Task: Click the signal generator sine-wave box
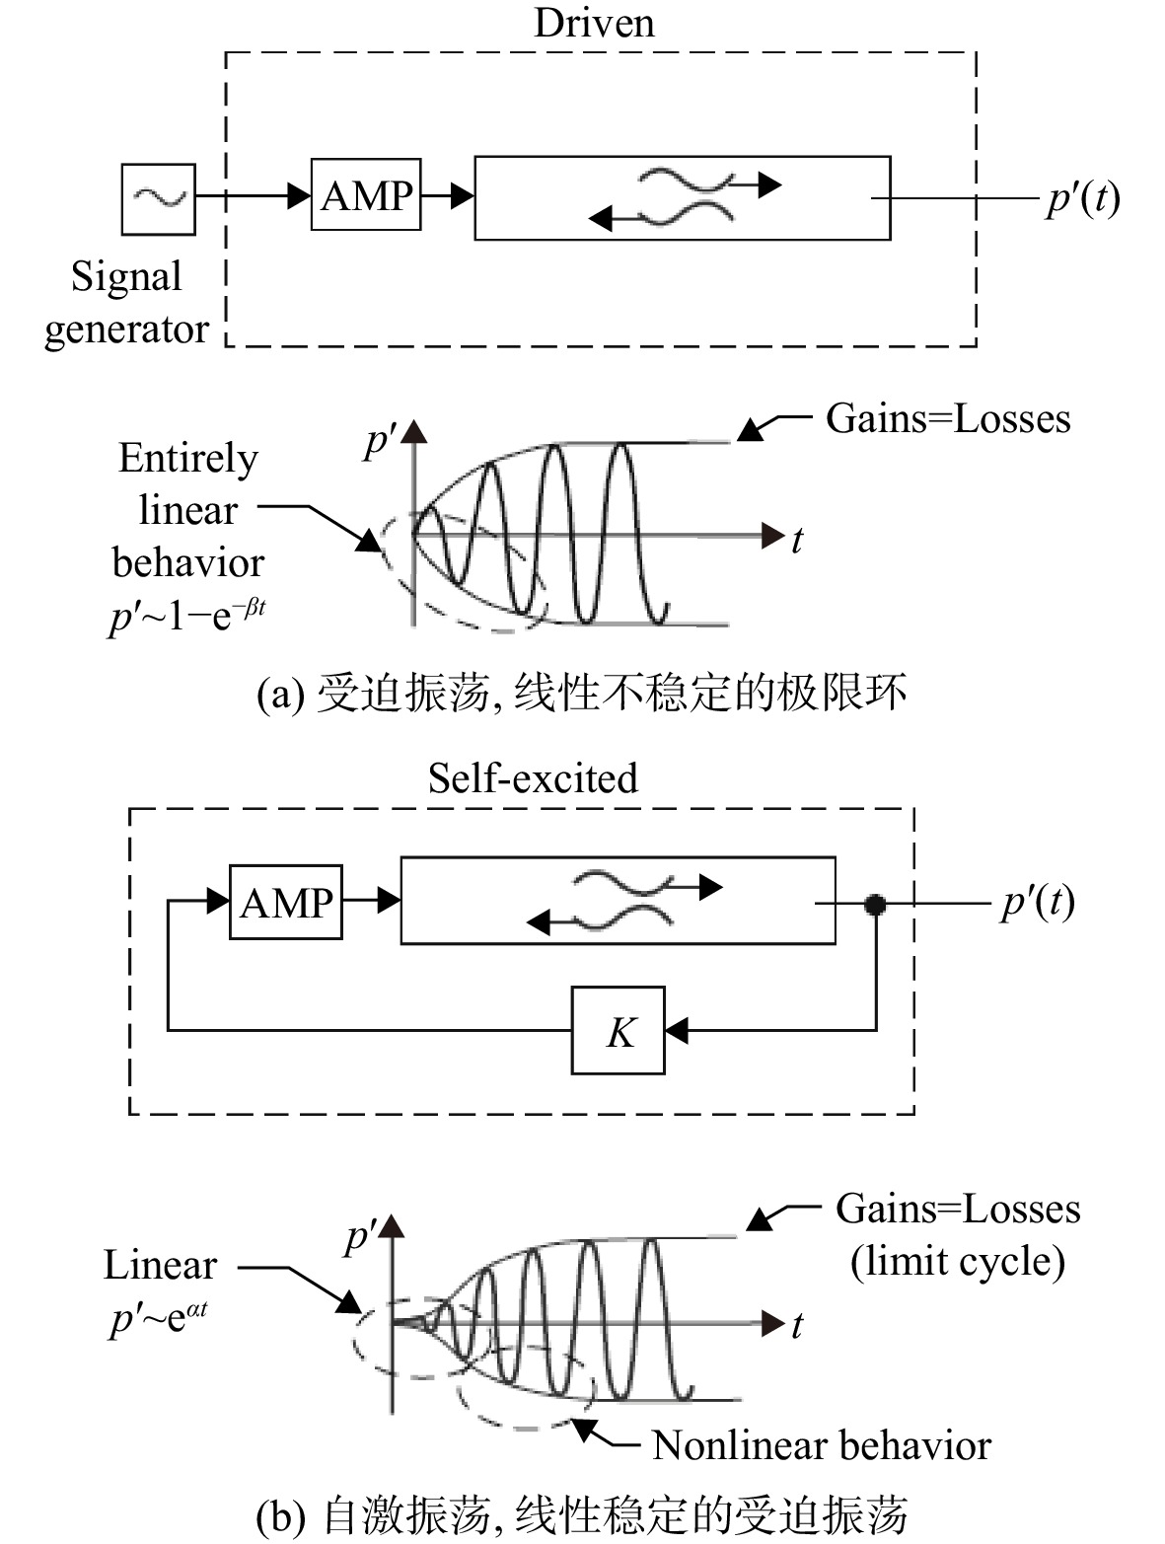tap(158, 199)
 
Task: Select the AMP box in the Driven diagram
tap(366, 194)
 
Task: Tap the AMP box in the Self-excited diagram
tap(285, 902)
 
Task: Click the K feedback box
tap(618, 1031)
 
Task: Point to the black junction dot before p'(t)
tap(875, 904)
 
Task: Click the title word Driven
tap(594, 23)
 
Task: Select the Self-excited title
tap(533, 778)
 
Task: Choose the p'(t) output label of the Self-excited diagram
tap(1038, 903)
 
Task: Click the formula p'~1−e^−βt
tap(187, 617)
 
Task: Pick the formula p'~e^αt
tap(159, 1319)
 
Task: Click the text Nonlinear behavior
tap(821, 1446)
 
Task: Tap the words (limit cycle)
tap(958, 1261)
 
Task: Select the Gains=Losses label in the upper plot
tap(948, 418)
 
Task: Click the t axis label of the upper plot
tap(797, 541)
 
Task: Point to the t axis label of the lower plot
tap(797, 1326)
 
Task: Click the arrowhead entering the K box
tap(677, 1031)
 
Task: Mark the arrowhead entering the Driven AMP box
tap(299, 195)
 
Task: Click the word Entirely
tap(188, 459)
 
